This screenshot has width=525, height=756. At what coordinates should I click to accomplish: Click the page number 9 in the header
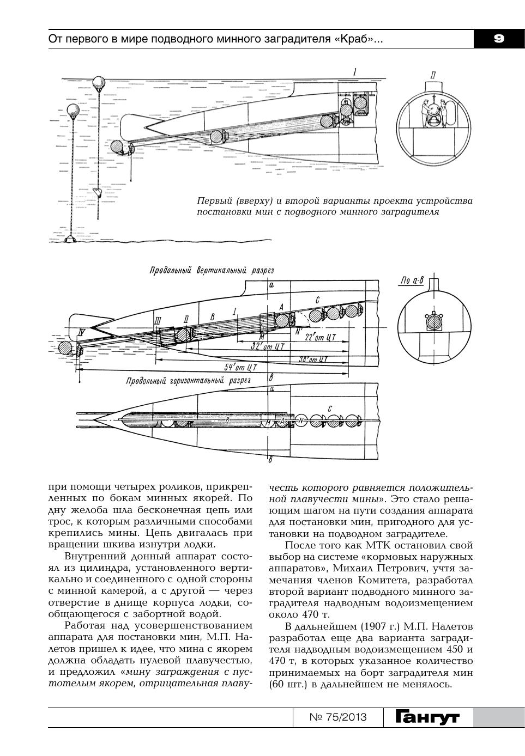pyautogui.click(x=498, y=39)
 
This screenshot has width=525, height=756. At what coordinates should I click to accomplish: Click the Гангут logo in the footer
pyautogui.click(x=427, y=717)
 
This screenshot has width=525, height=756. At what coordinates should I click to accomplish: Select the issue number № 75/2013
pyautogui.click(x=338, y=717)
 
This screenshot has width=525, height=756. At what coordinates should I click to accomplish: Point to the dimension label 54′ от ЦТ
pyautogui.click(x=240, y=367)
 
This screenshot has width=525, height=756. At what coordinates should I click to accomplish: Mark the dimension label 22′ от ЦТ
pyautogui.click(x=319, y=336)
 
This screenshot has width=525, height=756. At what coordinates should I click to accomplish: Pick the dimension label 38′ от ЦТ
pyautogui.click(x=313, y=359)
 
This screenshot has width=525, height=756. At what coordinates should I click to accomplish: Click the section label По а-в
pyautogui.click(x=412, y=281)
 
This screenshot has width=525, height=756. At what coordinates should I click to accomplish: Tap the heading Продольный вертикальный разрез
pyautogui.click(x=212, y=271)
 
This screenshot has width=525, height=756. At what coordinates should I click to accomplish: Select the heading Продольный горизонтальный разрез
pyautogui.click(x=188, y=381)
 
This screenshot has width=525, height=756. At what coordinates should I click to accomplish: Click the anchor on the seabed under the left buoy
pyautogui.click(x=70, y=239)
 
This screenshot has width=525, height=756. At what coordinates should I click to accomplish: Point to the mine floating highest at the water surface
pyautogui.click(x=99, y=83)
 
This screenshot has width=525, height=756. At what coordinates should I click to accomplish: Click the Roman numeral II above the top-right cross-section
pyautogui.click(x=432, y=76)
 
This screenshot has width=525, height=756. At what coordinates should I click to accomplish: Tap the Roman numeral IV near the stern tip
pyautogui.click(x=82, y=331)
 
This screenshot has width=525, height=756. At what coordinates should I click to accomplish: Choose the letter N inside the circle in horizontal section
pyautogui.click(x=301, y=420)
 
